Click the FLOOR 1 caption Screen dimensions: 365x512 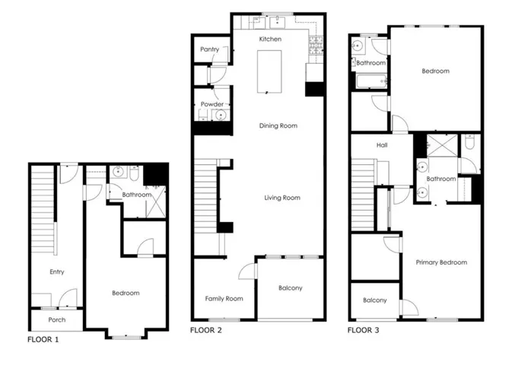click(x=43, y=339)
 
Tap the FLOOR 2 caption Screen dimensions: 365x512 click(x=205, y=331)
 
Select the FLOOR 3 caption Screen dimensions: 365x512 click(x=362, y=331)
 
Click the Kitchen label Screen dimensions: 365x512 click(x=270, y=39)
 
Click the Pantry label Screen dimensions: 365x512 click(x=210, y=49)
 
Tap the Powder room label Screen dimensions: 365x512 click(x=212, y=104)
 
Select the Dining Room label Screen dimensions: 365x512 click(x=278, y=125)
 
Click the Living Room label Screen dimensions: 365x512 click(x=282, y=198)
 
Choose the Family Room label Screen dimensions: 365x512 click(x=224, y=299)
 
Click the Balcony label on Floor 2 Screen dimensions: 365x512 click(x=290, y=287)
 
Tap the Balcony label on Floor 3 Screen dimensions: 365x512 click(x=374, y=300)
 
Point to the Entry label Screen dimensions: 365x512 click(x=57, y=271)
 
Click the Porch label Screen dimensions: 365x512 click(x=57, y=320)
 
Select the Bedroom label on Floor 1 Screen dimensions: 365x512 click(x=126, y=293)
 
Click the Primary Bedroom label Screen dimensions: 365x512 click(x=441, y=262)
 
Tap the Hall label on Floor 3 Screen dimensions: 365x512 click(x=383, y=144)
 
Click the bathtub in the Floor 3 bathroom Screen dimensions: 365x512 click(x=368, y=81)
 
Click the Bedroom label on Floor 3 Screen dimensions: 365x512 click(x=436, y=71)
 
